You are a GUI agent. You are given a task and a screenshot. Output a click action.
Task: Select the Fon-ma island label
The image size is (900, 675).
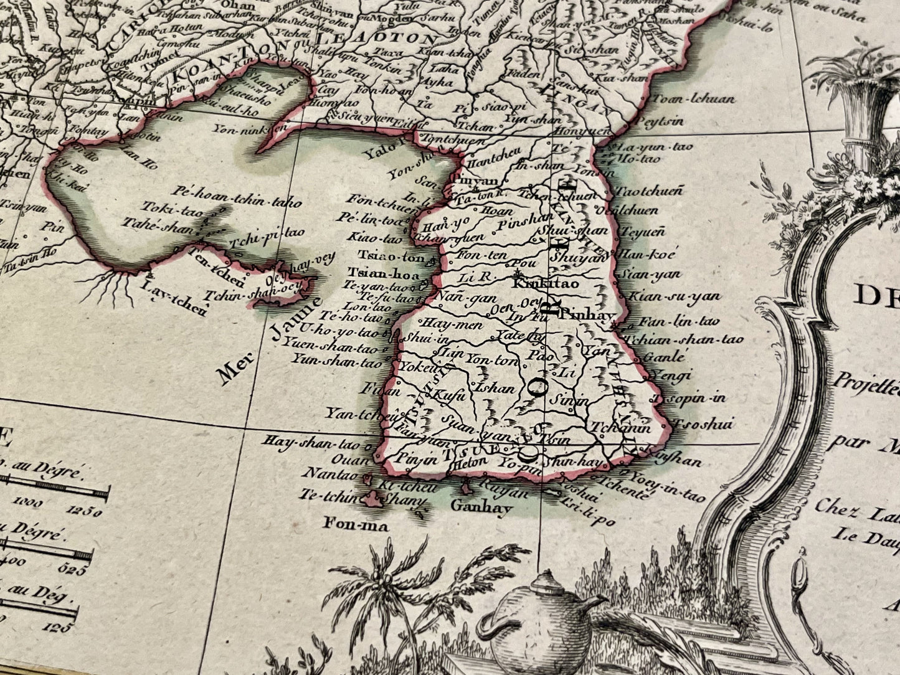coord(356,525)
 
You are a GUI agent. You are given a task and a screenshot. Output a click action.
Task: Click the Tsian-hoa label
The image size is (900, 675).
coord(379,272)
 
